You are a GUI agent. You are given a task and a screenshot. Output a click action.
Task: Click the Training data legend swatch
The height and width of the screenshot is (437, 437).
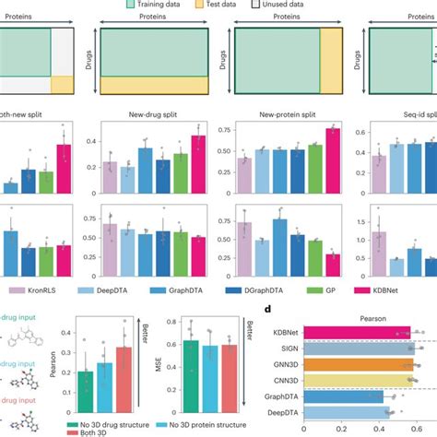click(133, 5)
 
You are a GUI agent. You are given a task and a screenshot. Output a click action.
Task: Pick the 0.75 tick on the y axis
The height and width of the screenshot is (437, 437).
click(222, 130)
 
